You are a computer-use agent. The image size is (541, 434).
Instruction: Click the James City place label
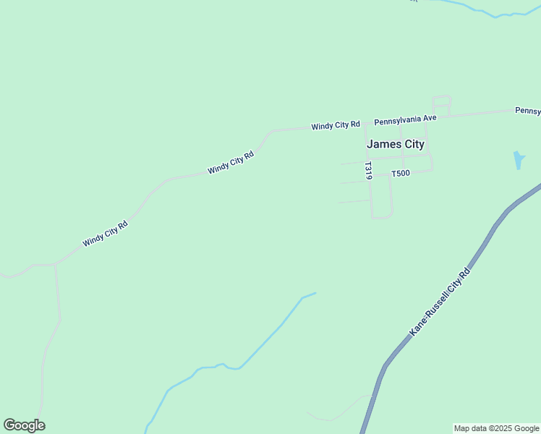(396, 144)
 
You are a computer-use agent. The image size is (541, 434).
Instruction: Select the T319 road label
(368, 171)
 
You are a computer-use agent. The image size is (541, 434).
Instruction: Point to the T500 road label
(400, 174)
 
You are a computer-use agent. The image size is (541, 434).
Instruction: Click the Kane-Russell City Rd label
(440, 301)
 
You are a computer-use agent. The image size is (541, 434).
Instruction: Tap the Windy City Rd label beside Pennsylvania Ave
(336, 125)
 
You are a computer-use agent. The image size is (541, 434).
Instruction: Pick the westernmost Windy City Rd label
(105, 234)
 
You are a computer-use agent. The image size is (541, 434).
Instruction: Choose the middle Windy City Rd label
(231, 162)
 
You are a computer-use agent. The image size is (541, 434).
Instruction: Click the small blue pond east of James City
(519, 160)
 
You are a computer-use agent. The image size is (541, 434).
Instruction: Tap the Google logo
(24, 425)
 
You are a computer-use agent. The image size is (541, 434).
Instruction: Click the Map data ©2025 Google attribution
(496, 428)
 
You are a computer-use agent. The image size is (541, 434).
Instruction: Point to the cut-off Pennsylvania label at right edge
(528, 111)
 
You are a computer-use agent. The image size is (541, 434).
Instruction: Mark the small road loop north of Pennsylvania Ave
(441, 106)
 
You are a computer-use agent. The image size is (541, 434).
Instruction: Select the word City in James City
(411, 144)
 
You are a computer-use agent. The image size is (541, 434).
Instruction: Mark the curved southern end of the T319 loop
(382, 216)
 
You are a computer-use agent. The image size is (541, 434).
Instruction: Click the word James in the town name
(380, 144)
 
